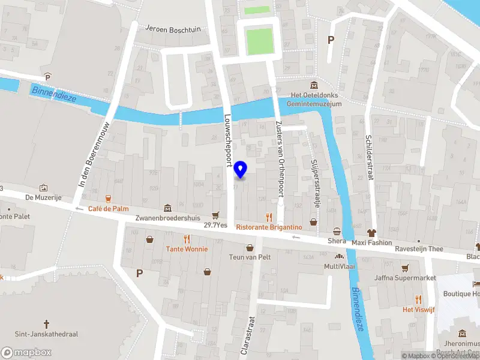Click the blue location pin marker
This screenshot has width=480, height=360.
point(241,169)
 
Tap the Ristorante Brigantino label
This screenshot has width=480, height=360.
point(268,227)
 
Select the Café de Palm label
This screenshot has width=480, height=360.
point(108,208)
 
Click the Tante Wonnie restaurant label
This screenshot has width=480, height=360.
point(187,248)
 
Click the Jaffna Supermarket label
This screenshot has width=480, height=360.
point(405,278)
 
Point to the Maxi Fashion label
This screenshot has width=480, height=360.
point(372,242)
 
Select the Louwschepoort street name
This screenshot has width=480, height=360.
point(228,139)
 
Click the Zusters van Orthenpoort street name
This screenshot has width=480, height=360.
point(278,158)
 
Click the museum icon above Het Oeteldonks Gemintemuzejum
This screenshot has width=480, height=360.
point(313,85)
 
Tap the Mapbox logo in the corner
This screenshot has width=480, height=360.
point(25,352)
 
